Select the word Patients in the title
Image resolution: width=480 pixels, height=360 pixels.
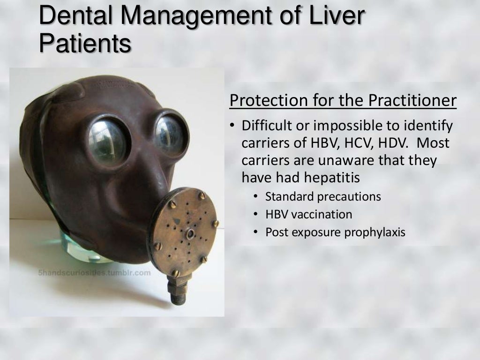click(85, 45)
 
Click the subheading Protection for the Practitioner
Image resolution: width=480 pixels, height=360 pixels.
click(343, 101)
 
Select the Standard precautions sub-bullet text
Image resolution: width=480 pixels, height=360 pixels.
click(323, 196)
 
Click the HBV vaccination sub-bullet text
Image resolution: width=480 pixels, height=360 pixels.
click(308, 214)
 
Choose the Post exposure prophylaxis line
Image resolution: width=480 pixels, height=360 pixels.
click(335, 232)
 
